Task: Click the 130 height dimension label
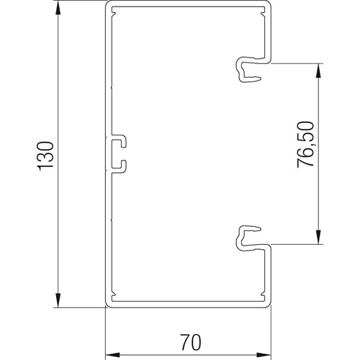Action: point(45,156)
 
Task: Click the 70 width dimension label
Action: point(191,342)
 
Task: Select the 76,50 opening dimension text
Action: point(305,145)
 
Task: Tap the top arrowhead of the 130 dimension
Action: point(58,9)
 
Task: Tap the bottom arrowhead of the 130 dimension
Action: point(58,300)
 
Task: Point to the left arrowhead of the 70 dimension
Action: point(113,355)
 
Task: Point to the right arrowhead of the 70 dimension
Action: point(264,355)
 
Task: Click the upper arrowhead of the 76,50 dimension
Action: point(318,71)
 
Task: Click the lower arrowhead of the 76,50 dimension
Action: point(318,237)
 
